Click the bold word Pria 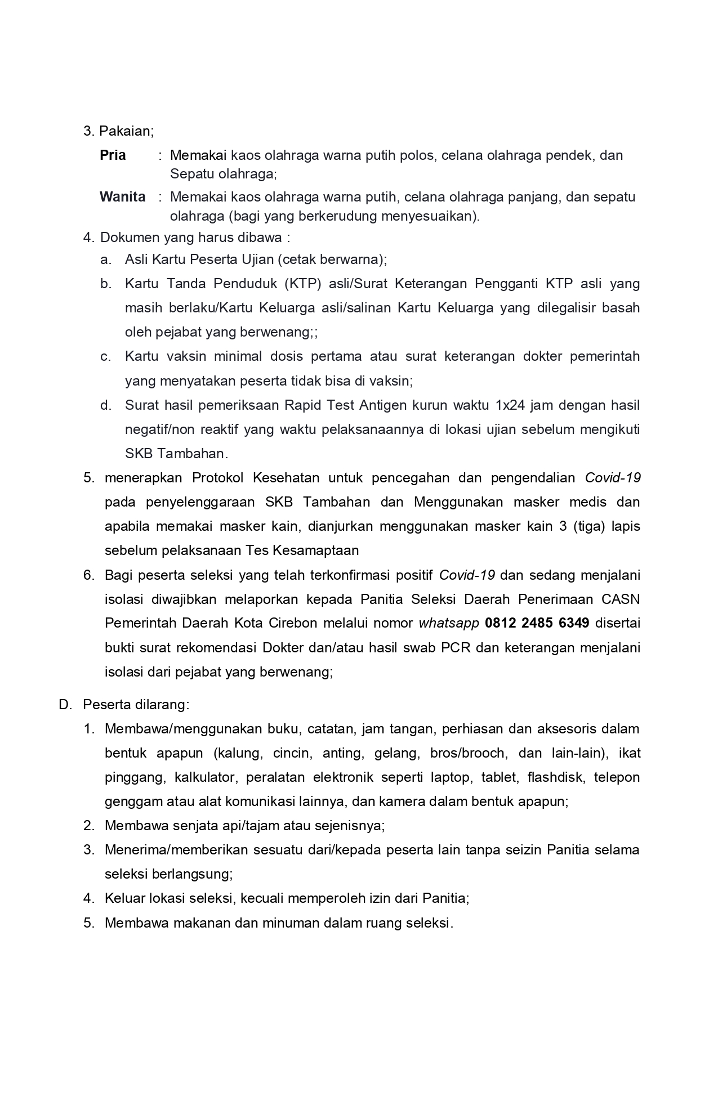113,155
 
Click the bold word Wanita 122,197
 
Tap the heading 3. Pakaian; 118,131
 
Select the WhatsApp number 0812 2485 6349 537,623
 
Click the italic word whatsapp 449,623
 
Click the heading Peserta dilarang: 136,705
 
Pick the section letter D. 64,705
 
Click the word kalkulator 204,777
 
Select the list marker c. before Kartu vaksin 105,356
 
